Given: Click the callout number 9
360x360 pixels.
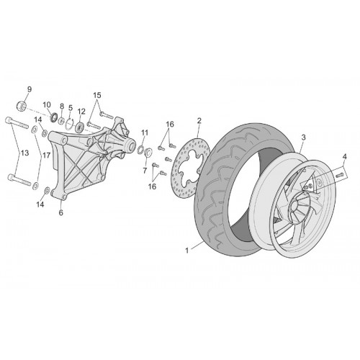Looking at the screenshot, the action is (30, 89).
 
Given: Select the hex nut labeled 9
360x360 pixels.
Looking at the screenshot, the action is (21, 106).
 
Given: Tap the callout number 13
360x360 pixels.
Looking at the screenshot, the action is (24, 153).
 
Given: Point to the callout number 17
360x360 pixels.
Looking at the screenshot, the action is (46, 156).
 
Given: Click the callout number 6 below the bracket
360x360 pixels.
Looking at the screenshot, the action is (61, 212).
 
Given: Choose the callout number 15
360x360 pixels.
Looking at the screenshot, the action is (97, 95).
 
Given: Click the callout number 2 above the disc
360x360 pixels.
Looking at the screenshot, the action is (199, 120).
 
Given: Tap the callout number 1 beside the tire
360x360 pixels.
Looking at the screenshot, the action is (187, 251).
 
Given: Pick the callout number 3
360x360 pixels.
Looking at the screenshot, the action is (303, 138).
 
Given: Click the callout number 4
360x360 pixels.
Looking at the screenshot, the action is (344, 157).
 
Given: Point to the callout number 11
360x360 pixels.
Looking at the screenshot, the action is (145, 132).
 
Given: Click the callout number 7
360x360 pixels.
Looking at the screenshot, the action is (145, 171).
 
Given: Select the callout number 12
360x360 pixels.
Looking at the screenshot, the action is (81, 112).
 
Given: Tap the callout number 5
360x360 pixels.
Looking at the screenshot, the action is (71, 107).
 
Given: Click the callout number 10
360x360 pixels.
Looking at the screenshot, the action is (47, 105).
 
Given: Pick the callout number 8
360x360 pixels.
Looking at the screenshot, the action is (62, 106).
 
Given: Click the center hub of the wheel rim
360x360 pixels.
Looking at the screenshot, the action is (294, 206).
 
